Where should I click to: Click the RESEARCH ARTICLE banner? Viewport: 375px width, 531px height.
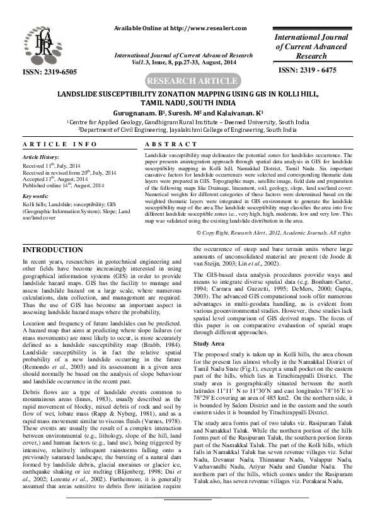pyautogui.click(x=187, y=82)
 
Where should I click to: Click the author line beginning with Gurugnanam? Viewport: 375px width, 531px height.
pyautogui.click(x=187, y=111)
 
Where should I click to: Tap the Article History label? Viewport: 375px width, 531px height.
pyautogui.click(x=40, y=156)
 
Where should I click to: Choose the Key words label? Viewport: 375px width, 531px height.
pyautogui.click(x=35, y=197)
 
